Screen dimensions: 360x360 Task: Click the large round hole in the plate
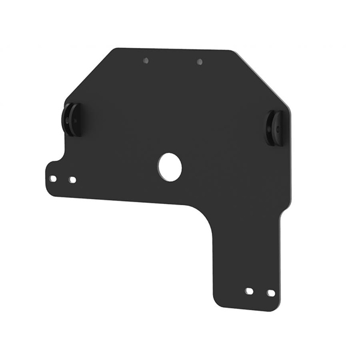(170, 166)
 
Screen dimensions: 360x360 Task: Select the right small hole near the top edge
(199, 61)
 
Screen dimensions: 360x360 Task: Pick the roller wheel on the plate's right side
(276, 127)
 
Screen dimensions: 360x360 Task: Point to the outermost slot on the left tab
(53, 178)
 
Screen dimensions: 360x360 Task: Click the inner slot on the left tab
(73, 179)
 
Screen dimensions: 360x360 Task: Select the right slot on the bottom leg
(271, 293)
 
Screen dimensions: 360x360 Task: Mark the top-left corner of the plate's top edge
(115, 49)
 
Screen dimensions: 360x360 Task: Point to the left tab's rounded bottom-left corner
(49, 191)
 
